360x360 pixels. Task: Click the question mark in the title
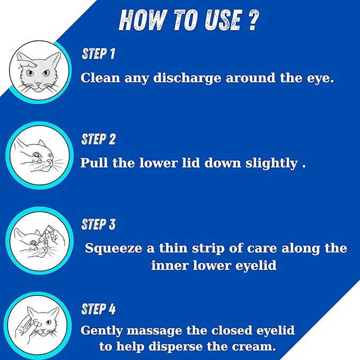click(x=253, y=20)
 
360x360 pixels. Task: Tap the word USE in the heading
click(x=223, y=20)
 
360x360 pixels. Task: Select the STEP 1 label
click(x=98, y=54)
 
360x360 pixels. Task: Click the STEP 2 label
click(x=98, y=139)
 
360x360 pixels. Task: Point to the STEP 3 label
click(x=98, y=224)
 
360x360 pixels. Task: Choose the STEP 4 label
click(x=98, y=309)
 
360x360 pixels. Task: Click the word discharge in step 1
click(x=187, y=78)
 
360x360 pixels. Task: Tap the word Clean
click(x=100, y=77)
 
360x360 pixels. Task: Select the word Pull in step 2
click(x=94, y=163)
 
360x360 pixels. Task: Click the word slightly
click(x=271, y=164)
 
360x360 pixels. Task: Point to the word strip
click(x=208, y=249)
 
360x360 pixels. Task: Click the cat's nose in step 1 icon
click(x=38, y=83)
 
